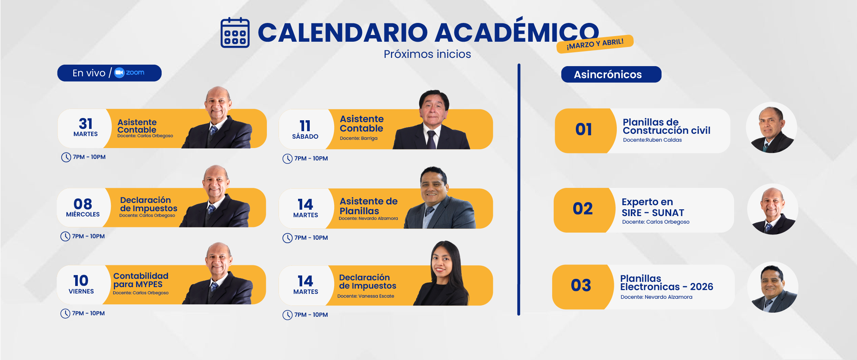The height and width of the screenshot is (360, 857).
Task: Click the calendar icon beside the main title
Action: [x=235, y=33]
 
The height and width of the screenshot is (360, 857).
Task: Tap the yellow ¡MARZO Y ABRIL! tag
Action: [x=595, y=44]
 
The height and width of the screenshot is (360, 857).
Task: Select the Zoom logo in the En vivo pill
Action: [x=129, y=73]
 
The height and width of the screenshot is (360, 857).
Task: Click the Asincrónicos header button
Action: [x=611, y=74]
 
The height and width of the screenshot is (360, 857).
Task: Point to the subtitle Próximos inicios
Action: [x=427, y=54]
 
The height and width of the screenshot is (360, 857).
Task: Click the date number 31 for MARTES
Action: [x=86, y=124]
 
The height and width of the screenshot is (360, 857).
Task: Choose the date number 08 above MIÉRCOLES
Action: [x=83, y=204]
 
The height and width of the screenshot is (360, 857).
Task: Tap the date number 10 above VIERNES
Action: [x=81, y=281]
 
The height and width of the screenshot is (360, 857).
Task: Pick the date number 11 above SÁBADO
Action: [x=305, y=126]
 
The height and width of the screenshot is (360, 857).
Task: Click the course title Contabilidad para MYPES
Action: [x=141, y=280]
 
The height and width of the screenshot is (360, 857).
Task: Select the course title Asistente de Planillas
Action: [x=368, y=206]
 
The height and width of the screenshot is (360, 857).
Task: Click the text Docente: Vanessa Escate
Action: [x=366, y=296]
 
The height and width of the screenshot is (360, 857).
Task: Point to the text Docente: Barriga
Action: [x=359, y=138]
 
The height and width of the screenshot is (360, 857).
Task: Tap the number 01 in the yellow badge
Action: [x=583, y=130]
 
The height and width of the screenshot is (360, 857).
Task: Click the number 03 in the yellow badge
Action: [x=581, y=285]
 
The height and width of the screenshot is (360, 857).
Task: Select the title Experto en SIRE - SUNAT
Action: [x=653, y=207]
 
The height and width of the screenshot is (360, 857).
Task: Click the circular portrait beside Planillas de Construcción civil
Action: [x=771, y=127]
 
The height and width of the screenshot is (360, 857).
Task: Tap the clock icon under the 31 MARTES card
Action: [x=66, y=157]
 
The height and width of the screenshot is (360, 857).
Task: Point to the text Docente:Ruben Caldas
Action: [x=652, y=140]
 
